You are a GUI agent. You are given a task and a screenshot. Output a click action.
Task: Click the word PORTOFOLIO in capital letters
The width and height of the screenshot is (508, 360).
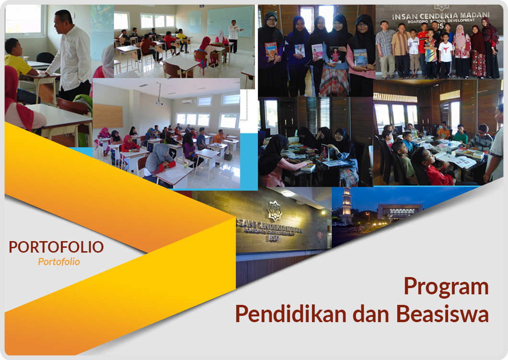[56, 247]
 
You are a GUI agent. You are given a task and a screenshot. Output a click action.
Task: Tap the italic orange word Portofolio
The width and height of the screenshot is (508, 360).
[58, 262]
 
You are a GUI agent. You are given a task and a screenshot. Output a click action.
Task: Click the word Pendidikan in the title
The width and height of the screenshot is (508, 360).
[290, 314]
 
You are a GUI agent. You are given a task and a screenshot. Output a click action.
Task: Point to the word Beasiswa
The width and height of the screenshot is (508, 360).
[442, 314]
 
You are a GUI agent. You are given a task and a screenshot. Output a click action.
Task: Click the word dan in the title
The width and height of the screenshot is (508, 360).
[371, 314]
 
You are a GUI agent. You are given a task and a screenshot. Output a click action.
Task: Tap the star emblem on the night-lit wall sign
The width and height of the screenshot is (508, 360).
[275, 211]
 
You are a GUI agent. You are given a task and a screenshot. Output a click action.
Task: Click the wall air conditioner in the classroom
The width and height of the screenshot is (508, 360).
[187, 102]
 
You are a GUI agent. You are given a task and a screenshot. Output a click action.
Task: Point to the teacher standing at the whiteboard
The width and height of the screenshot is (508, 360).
[234, 36]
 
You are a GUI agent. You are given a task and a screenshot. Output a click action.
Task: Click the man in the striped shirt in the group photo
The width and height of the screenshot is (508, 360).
[385, 49]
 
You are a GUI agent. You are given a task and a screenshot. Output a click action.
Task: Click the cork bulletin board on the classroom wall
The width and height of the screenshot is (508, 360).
[108, 116]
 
